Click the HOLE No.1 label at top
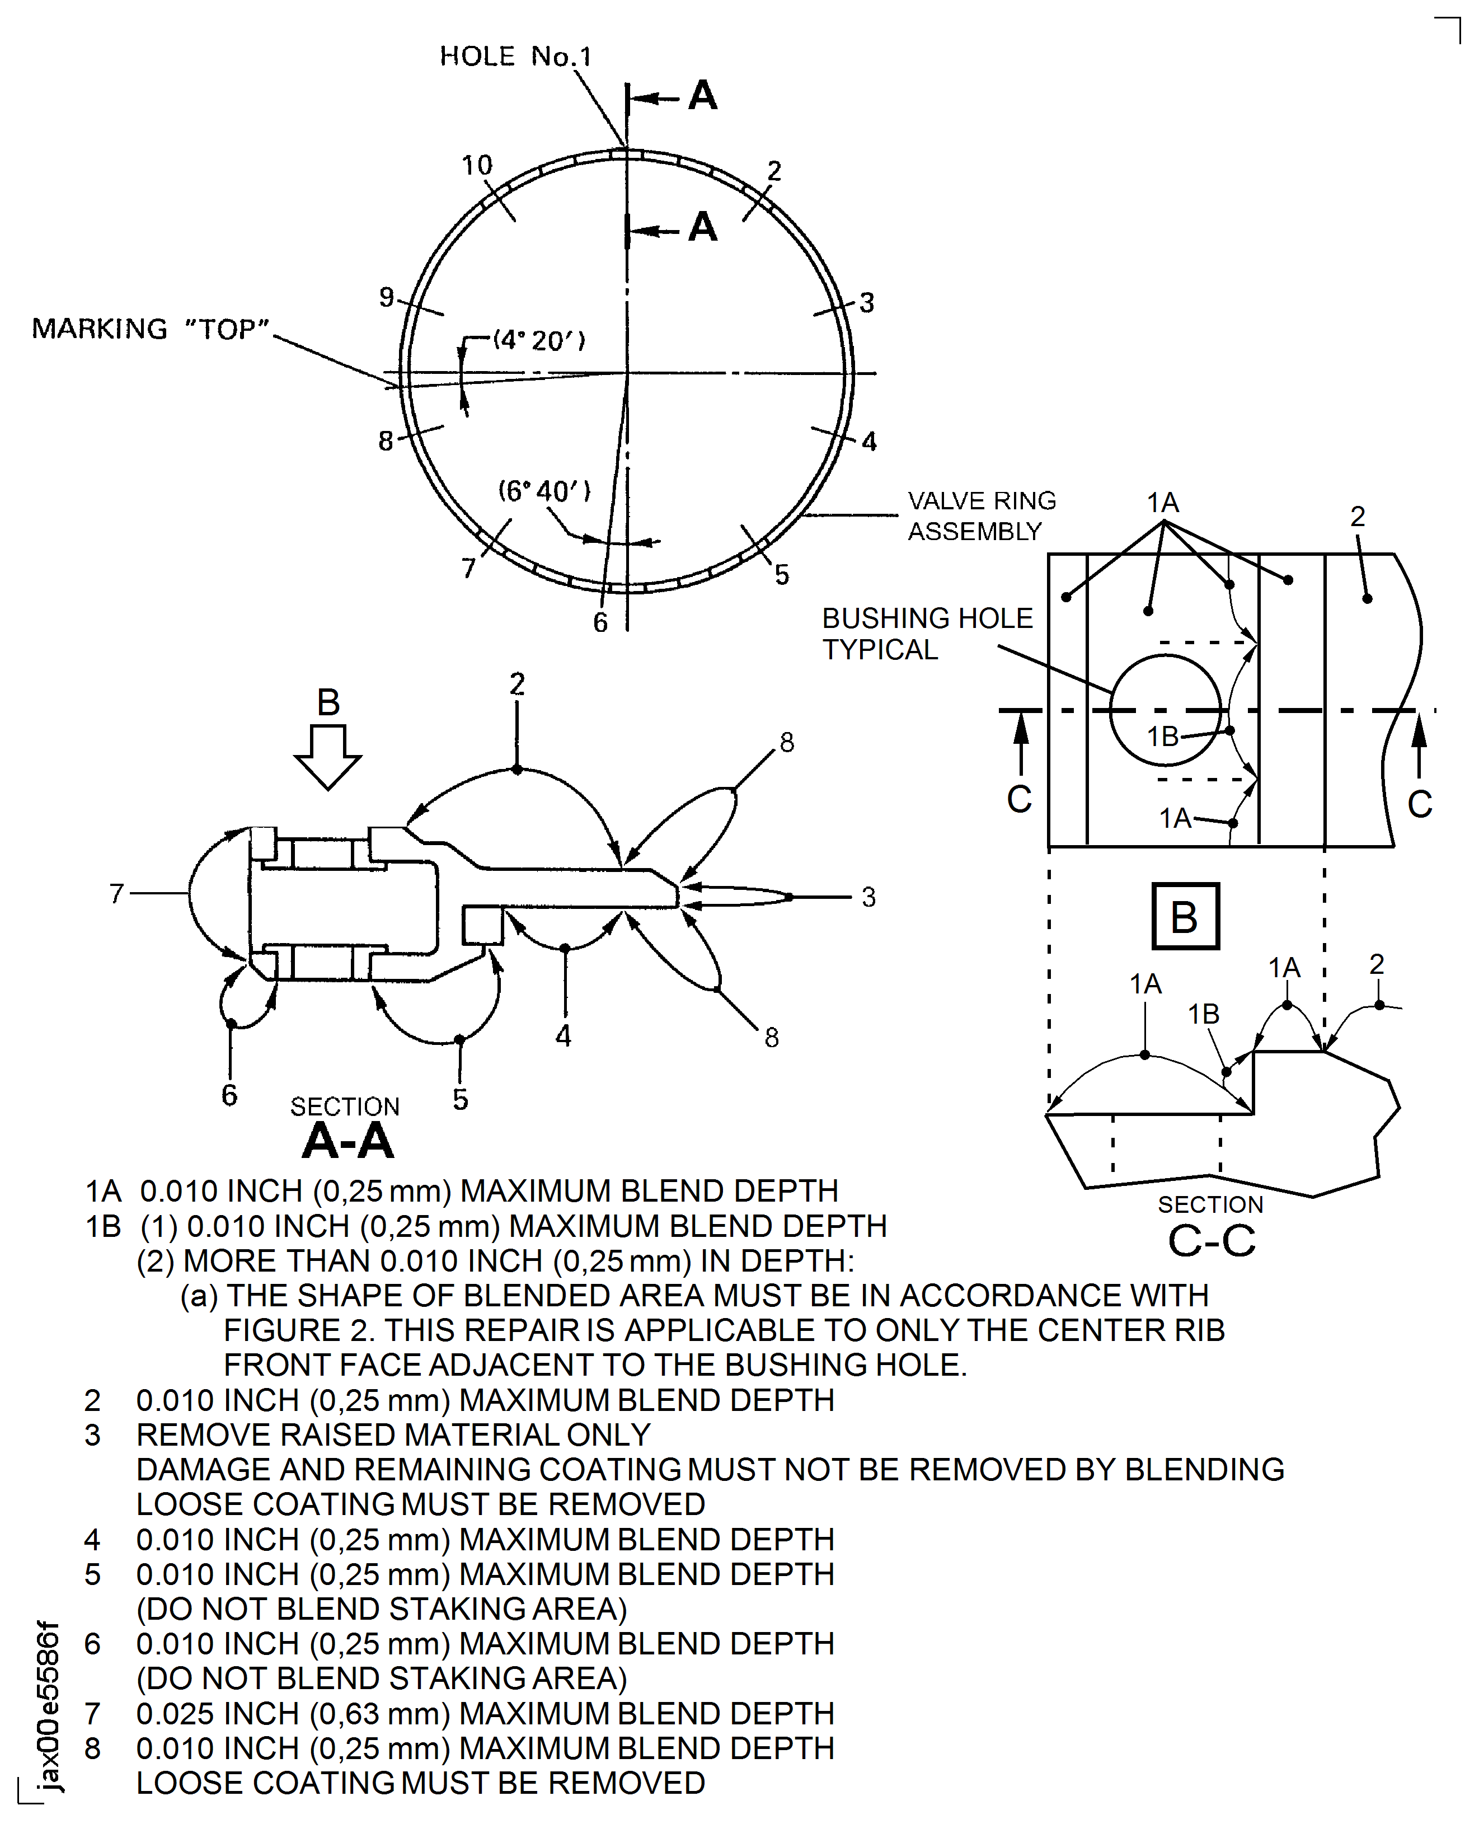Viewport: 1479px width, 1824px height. (x=515, y=56)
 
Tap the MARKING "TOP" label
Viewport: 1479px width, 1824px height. (x=151, y=329)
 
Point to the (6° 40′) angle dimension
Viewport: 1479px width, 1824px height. (x=543, y=491)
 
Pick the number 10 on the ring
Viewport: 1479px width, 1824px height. (x=477, y=165)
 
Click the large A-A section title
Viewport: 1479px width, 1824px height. (x=348, y=1140)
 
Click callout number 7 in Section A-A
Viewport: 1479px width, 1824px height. (x=117, y=893)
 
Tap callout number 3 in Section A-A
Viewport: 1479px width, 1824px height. (x=868, y=897)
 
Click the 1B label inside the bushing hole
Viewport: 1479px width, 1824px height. (x=1162, y=736)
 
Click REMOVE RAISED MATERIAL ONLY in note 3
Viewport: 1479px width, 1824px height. (x=393, y=1434)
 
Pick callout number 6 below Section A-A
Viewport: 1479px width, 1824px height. (x=229, y=1095)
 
